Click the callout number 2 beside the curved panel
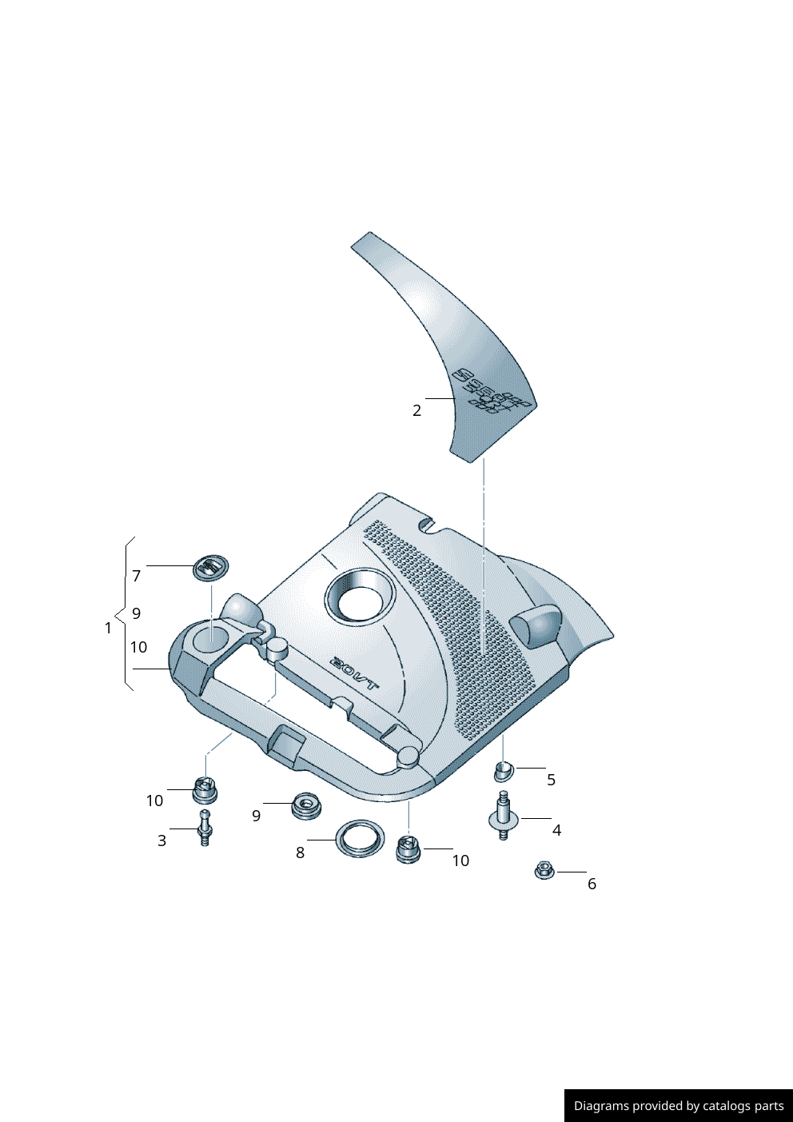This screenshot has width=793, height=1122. pyautogui.click(x=416, y=410)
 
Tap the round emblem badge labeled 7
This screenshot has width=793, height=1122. pyautogui.click(x=211, y=567)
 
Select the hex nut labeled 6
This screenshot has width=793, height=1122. pyautogui.click(x=544, y=870)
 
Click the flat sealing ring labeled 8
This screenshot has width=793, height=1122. pyautogui.click(x=359, y=838)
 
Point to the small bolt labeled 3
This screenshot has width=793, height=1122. pyautogui.click(x=205, y=828)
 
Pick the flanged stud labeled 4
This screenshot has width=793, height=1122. pyautogui.click(x=503, y=817)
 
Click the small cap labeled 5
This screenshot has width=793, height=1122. pyautogui.click(x=504, y=772)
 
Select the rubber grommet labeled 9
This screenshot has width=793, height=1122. pyautogui.click(x=305, y=805)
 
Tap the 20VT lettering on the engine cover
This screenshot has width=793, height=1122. pyautogui.click(x=355, y=673)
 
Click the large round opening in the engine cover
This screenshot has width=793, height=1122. pyautogui.click(x=360, y=596)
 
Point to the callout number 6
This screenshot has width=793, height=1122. pyautogui.click(x=592, y=884)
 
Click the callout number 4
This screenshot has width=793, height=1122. pyautogui.click(x=556, y=831)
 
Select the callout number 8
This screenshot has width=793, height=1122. pyautogui.click(x=300, y=852)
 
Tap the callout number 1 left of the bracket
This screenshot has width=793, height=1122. pyautogui.click(x=108, y=628)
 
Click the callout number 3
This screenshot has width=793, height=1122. pyautogui.click(x=161, y=841)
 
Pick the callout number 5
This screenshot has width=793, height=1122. pyautogui.click(x=551, y=780)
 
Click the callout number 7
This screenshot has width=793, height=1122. pyautogui.click(x=137, y=576)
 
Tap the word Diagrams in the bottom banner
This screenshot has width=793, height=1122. pyautogui.click(x=600, y=1106)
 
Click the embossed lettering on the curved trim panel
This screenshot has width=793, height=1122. pyautogui.click(x=492, y=392)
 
